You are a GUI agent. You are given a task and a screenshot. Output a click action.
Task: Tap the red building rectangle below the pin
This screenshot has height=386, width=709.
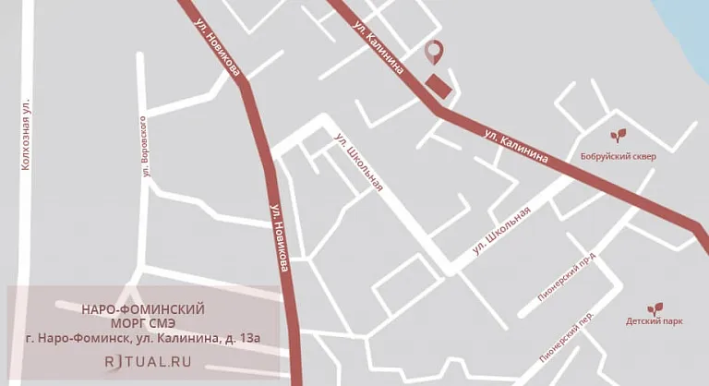[440, 84]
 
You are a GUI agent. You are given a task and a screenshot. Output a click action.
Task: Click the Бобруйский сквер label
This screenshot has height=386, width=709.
[619, 157]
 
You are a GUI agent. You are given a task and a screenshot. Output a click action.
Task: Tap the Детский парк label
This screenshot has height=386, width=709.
[654, 322]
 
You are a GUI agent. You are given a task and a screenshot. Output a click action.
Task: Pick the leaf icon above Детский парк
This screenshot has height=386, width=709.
[654, 308]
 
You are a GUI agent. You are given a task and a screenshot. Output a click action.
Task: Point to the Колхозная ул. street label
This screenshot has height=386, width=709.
[26, 135]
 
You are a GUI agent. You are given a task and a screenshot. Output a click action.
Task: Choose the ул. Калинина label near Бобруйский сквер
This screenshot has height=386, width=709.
[516, 147]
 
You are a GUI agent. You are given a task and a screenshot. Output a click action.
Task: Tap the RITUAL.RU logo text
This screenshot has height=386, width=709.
[148, 362]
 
